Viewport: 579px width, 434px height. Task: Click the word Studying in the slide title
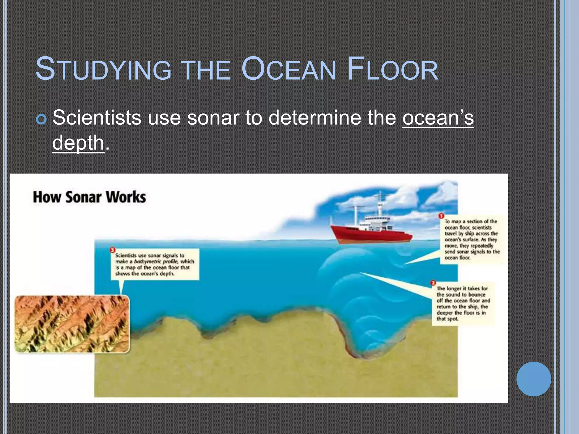click(103, 69)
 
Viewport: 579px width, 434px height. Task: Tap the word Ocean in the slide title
click(288, 69)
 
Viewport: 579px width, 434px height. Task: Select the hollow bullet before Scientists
click(41, 120)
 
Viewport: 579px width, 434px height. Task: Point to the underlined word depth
click(78, 143)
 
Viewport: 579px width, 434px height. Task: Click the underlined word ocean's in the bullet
click(438, 118)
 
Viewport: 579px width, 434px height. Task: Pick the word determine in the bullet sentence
click(315, 118)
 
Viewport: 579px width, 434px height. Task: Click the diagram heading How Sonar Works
click(89, 197)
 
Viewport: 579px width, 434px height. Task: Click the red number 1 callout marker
click(441, 216)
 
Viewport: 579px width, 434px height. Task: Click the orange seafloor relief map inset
click(72, 324)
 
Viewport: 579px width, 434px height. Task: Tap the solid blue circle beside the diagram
click(533, 379)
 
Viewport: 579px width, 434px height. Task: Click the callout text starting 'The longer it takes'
click(463, 303)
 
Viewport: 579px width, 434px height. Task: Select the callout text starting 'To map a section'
click(472, 239)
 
